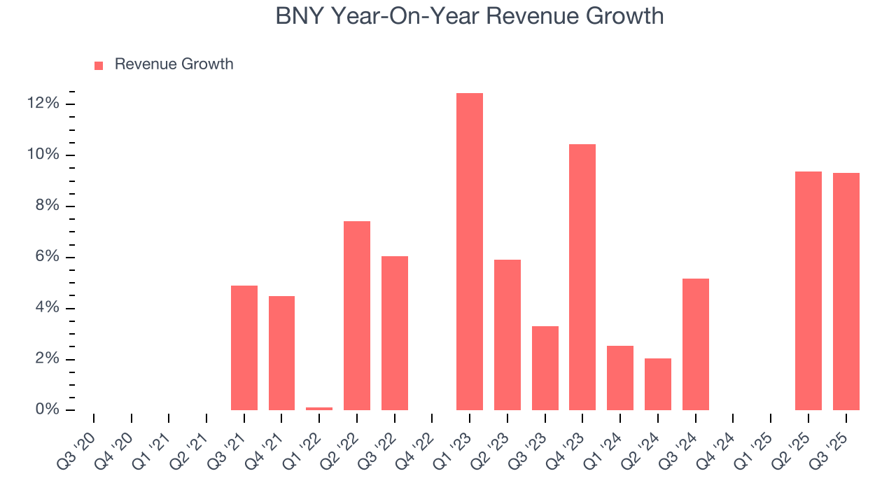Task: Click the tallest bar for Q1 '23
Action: tap(469, 251)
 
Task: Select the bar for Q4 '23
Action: tap(582, 276)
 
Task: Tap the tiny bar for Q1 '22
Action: tap(319, 408)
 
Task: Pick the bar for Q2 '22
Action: tap(357, 315)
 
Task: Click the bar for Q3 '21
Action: tap(244, 347)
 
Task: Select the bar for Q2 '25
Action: tap(808, 290)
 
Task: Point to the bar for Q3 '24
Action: tap(695, 344)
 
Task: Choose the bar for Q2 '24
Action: tap(658, 384)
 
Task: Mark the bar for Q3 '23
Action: tap(545, 367)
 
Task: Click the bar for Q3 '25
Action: tap(846, 291)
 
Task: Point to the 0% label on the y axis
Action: tap(47, 410)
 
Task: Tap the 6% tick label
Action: tap(47, 257)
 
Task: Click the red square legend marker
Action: tap(99, 65)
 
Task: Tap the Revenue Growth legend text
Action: tap(174, 64)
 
